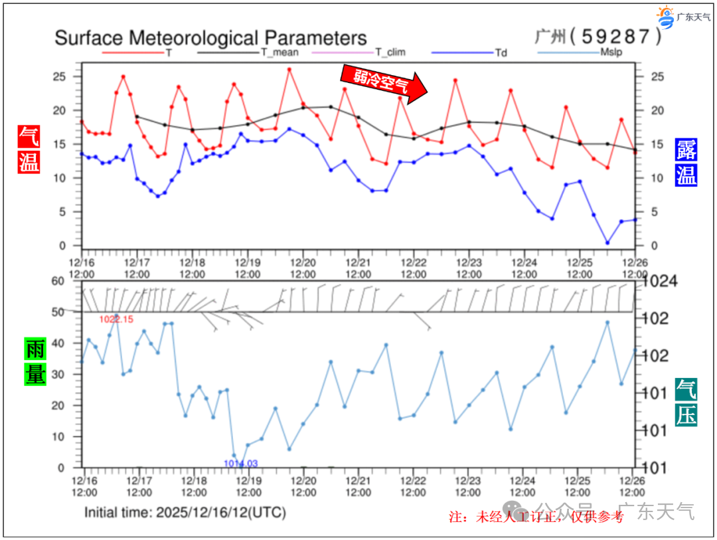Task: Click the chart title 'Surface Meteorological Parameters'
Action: pyautogui.click(x=210, y=38)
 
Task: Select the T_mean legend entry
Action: pyautogui.click(x=279, y=52)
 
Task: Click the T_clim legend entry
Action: pyautogui.click(x=390, y=52)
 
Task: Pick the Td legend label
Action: pyautogui.click(x=501, y=52)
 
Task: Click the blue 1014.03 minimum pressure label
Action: pyautogui.click(x=240, y=463)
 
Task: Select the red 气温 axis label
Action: pyautogui.click(x=29, y=149)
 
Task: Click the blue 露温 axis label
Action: pyautogui.click(x=686, y=162)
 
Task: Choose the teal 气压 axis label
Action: pyautogui.click(x=686, y=402)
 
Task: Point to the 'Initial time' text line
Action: pyautogui.click(x=185, y=513)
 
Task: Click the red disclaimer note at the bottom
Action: pyautogui.click(x=536, y=517)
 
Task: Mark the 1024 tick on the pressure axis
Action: pyautogui.click(x=657, y=282)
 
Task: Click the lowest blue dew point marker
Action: pyautogui.click(x=607, y=243)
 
